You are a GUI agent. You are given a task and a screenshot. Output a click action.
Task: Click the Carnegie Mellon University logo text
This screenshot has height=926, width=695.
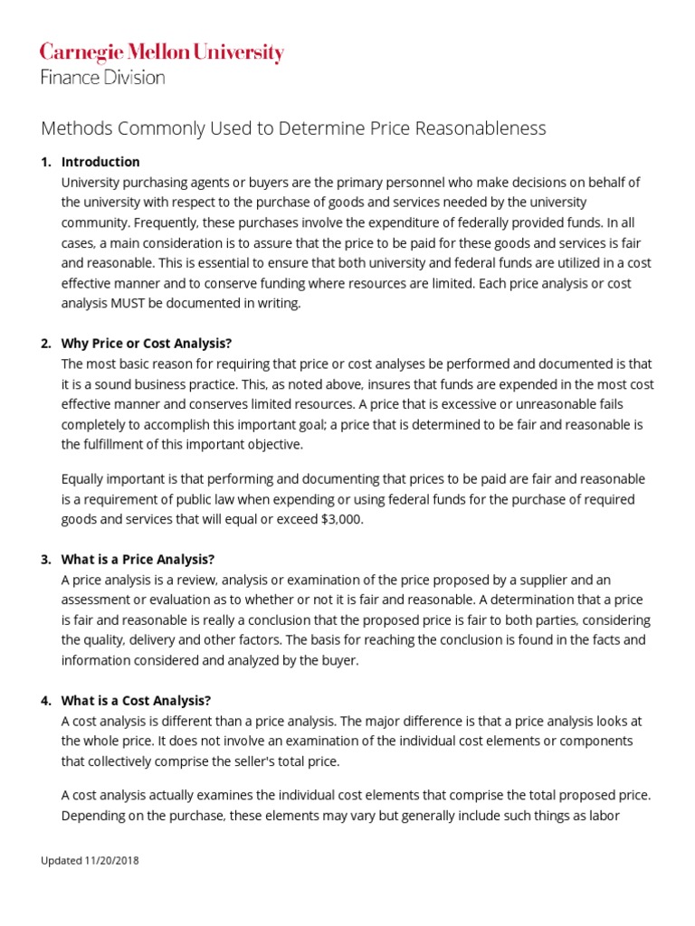[x=162, y=53]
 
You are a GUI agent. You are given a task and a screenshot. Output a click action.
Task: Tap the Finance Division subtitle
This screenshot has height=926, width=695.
[x=102, y=78]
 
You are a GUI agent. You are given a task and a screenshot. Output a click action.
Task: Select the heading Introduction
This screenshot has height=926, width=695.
[x=100, y=162]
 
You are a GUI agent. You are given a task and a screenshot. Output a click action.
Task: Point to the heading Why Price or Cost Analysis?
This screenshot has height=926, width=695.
[x=147, y=344]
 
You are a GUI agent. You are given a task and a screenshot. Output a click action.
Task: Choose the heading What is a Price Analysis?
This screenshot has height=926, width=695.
[x=138, y=559]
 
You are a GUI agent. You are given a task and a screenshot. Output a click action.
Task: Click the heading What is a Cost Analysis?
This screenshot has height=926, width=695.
[x=136, y=700]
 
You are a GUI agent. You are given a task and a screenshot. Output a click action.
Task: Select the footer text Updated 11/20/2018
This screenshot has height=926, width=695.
[x=90, y=860]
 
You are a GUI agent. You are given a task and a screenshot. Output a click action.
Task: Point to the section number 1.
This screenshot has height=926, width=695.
[x=45, y=162]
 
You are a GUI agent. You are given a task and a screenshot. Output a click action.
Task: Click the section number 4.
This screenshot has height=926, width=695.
[x=45, y=700]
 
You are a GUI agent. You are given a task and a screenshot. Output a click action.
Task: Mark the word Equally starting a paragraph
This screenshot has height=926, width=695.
[x=86, y=478]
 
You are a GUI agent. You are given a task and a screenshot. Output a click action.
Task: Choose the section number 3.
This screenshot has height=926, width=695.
[x=45, y=559]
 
